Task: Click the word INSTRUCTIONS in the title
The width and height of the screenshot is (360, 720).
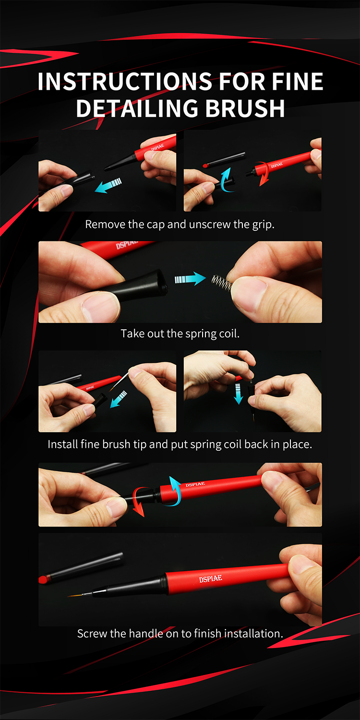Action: [125, 81]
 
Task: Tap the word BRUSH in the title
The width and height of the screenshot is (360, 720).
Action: [245, 108]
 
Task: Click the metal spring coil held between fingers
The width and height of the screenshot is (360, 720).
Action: [222, 283]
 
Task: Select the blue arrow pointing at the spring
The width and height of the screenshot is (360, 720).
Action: [190, 279]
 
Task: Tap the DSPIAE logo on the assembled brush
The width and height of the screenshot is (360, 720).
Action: [211, 579]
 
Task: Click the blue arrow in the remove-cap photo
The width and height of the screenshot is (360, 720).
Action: [108, 185]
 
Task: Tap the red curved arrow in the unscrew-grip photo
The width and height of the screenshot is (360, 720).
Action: [264, 174]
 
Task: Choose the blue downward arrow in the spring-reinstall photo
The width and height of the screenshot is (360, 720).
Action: [238, 394]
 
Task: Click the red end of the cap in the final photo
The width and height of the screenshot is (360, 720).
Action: [44, 579]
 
